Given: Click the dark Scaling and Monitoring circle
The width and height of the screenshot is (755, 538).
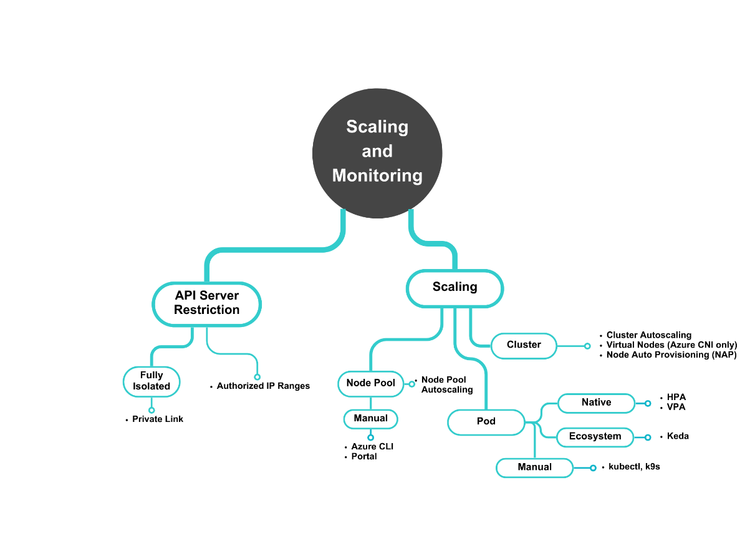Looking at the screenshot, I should click(x=377, y=152).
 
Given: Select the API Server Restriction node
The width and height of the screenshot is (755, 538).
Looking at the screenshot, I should click(x=206, y=303).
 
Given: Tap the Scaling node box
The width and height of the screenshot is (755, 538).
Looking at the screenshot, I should click(x=454, y=288).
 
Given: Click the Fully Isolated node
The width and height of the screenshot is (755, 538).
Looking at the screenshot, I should click(x=151, y=381).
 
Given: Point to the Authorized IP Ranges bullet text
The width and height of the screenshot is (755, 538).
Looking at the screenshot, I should click(x=263, y=386).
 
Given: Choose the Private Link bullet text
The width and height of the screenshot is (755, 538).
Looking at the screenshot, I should click(x=158, y=419).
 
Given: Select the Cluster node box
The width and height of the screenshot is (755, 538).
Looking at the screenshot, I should click(x=524, y=345).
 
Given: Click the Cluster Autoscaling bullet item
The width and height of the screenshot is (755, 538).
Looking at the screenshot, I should click(x=649, y=335).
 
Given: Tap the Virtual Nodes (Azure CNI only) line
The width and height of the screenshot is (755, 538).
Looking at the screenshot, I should click(x=671, y=345).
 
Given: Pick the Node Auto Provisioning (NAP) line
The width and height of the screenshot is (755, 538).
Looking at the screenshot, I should click(x=671, y=355).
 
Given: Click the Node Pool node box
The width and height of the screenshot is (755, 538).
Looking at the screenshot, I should click(x=371, y=383).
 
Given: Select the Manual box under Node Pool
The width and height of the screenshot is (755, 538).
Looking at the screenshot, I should click(x=371, y=419).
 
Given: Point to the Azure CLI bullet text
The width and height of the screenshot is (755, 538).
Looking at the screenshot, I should click(x=372, y=447).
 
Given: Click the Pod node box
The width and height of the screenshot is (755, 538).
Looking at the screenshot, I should click(x=486, y=422).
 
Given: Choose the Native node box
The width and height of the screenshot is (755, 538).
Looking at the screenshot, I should click(x=596, y=403).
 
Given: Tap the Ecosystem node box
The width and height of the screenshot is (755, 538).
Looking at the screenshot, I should click(x=595, y=437).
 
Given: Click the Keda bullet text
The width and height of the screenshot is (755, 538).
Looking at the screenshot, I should click(x=678, y=436).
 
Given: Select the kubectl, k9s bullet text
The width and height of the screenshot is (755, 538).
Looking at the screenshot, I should click(x=634, y=467).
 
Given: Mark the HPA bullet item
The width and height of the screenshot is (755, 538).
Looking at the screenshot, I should click(x=676, y=397).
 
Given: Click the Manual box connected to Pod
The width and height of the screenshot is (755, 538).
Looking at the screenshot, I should click(x=534, y=467).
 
